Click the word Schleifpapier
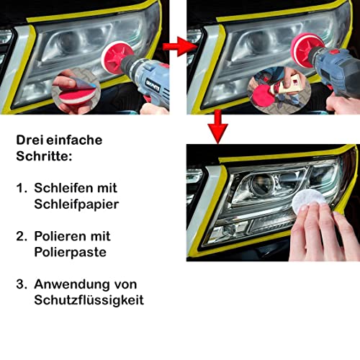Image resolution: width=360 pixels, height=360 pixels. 76,204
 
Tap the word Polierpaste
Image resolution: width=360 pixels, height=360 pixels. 70,252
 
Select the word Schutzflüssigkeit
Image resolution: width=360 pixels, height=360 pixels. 89,300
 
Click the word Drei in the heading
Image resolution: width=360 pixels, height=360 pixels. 30,140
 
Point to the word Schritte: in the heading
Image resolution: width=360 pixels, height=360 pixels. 44,156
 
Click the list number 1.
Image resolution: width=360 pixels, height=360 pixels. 21,188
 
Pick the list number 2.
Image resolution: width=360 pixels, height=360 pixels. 21,236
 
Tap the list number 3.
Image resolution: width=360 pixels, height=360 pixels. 21,284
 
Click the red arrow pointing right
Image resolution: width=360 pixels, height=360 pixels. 180,46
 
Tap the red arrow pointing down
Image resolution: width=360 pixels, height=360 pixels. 217,127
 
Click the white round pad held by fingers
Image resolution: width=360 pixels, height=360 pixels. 309,200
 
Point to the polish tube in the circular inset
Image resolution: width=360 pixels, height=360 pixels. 286,85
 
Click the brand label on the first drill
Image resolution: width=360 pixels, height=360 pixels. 153,86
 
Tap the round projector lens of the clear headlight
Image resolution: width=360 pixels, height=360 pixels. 263,184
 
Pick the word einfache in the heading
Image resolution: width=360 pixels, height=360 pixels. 74,140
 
